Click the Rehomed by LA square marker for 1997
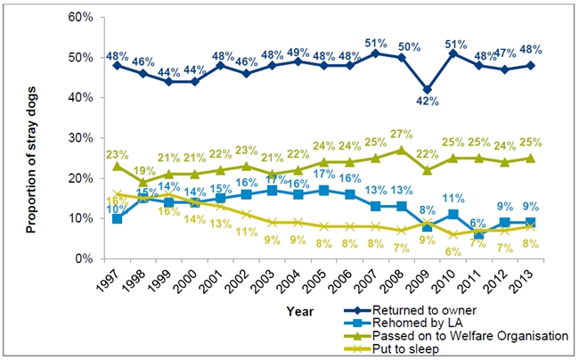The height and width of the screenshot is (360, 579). pyautogui.click(x=118, y=218)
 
